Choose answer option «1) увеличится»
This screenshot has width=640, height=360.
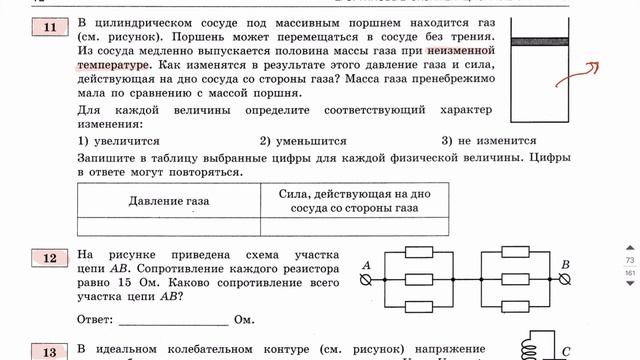119,142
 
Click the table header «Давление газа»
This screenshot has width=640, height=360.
169,201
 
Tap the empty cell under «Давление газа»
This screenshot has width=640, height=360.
169,226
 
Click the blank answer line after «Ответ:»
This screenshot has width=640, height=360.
172,322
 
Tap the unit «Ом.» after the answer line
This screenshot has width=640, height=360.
245,321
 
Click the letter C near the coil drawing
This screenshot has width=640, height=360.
566,352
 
